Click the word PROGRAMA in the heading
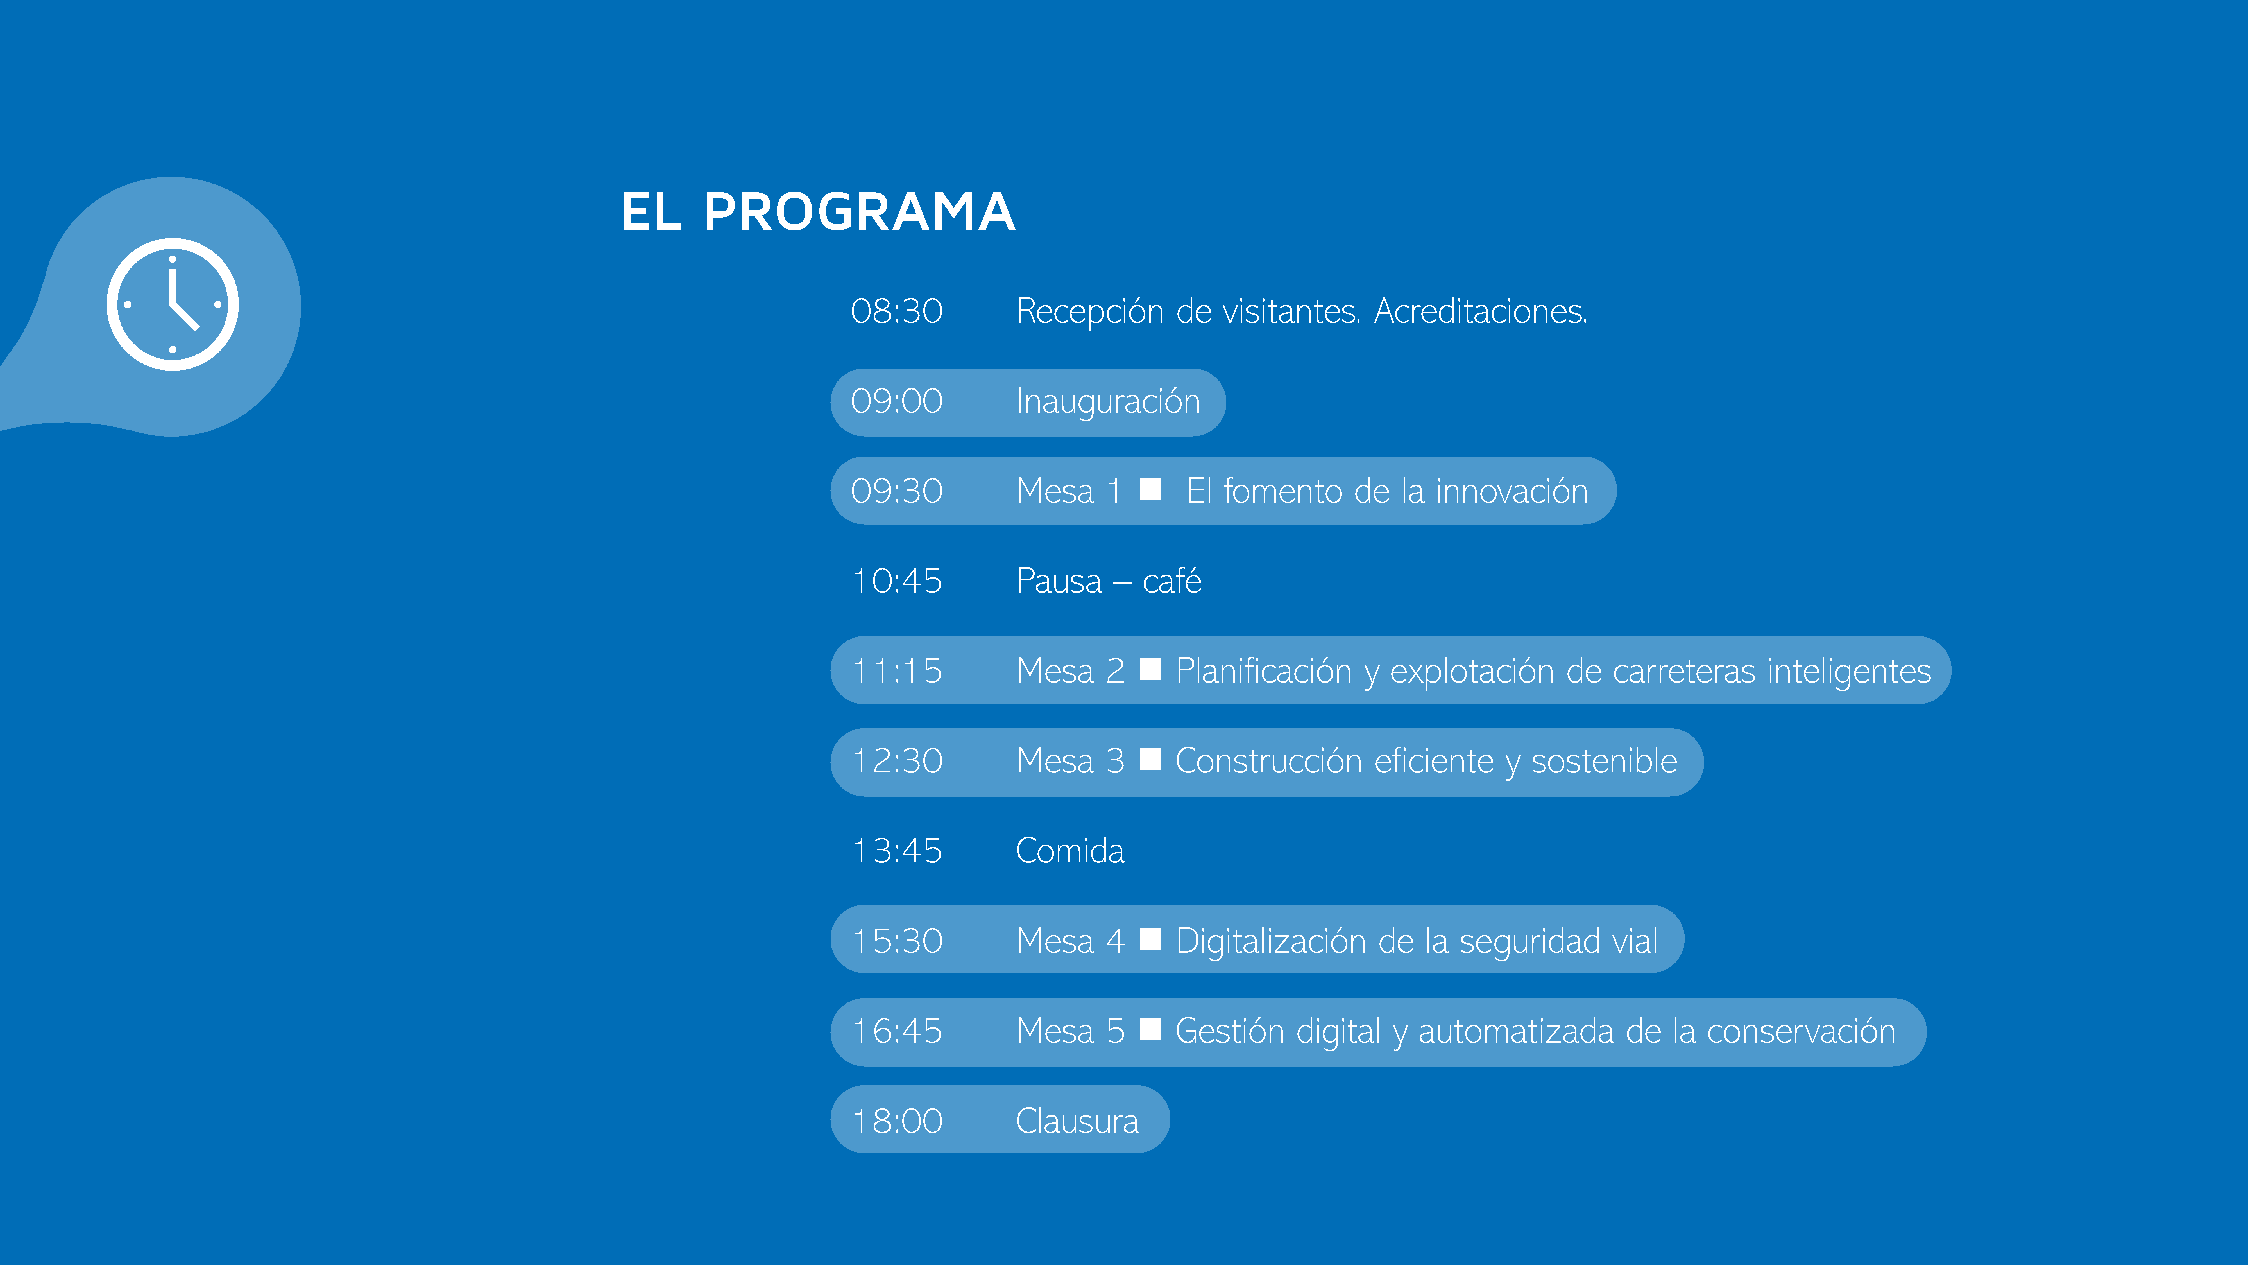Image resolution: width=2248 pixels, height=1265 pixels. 860,212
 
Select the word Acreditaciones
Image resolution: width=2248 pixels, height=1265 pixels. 1481,311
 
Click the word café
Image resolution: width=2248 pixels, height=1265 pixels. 1172,580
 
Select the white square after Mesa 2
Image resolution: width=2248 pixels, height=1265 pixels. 1150,669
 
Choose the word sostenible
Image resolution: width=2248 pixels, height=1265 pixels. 1604,760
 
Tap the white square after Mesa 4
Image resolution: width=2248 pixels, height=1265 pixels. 1150,939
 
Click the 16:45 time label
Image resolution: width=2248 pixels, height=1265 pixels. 897,1031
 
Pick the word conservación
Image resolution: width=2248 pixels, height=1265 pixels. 1801,1031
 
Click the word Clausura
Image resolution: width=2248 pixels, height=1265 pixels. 1078,1121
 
